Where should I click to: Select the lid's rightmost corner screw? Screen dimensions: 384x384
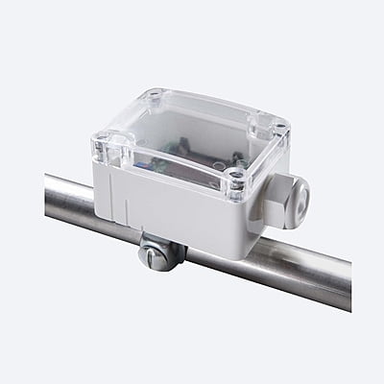tap(277, 126)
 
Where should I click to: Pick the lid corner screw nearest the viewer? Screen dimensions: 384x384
tap(236, 178)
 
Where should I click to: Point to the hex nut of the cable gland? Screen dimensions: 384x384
tap(284, 204)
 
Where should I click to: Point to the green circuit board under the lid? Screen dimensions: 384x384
tap(182, 154)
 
